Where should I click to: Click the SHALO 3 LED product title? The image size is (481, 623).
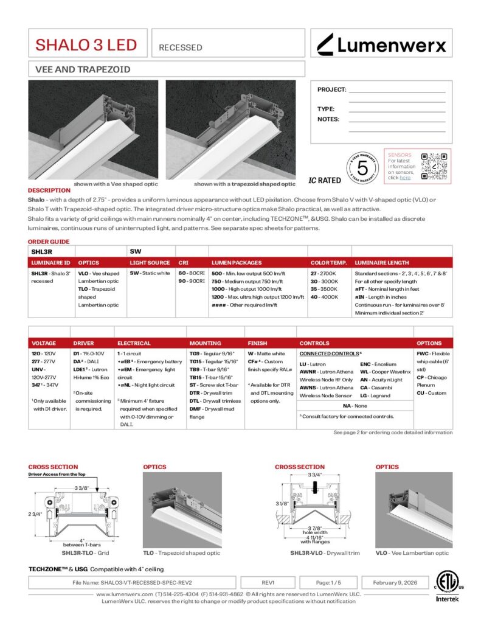tap(86, 45)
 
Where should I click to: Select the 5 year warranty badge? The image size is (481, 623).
tap(362, 165)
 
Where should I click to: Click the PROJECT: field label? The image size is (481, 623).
tap(331, 90)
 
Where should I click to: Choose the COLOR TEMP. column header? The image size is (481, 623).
tap(329, 263)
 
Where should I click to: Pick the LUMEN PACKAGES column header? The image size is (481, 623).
tap(237, 263)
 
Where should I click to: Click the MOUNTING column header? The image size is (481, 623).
tap(205, 343)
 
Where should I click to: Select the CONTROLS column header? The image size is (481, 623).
tap(314, 343)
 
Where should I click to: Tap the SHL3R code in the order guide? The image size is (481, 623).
tap(42, 250)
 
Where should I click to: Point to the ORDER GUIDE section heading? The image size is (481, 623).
tap(49, 242)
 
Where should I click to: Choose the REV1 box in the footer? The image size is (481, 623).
tap(268, 582)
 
